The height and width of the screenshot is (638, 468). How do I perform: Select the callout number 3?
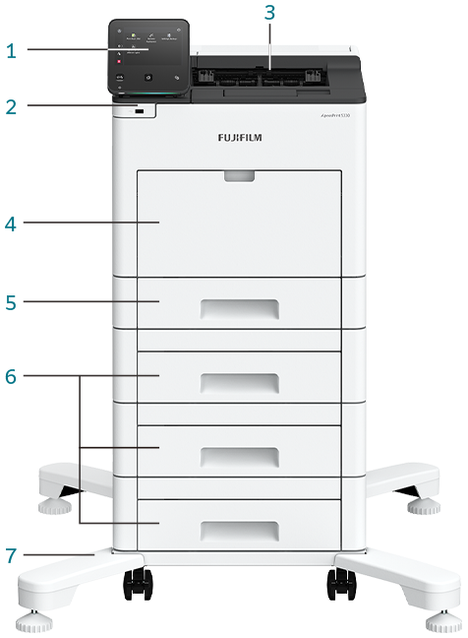pos(270,13)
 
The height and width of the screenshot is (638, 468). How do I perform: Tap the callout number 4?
pos(11,224)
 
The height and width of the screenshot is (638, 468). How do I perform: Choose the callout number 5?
pos(11,302)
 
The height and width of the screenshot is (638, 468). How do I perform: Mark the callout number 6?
pos(11,377)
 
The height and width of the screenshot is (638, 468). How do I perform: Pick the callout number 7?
pos(11,555)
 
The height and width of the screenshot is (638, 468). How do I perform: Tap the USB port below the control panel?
pos(138,113)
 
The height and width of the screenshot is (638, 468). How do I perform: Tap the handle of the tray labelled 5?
pos(239,308)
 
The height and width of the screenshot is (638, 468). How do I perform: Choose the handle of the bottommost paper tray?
pos(239,532)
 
